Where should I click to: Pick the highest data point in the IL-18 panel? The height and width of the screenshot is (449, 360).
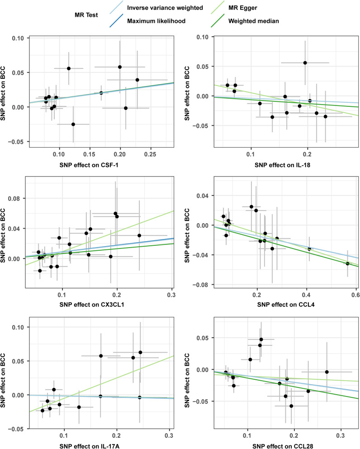(x=305, y=63)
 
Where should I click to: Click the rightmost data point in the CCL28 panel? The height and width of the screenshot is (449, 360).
(x=327, y=372)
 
